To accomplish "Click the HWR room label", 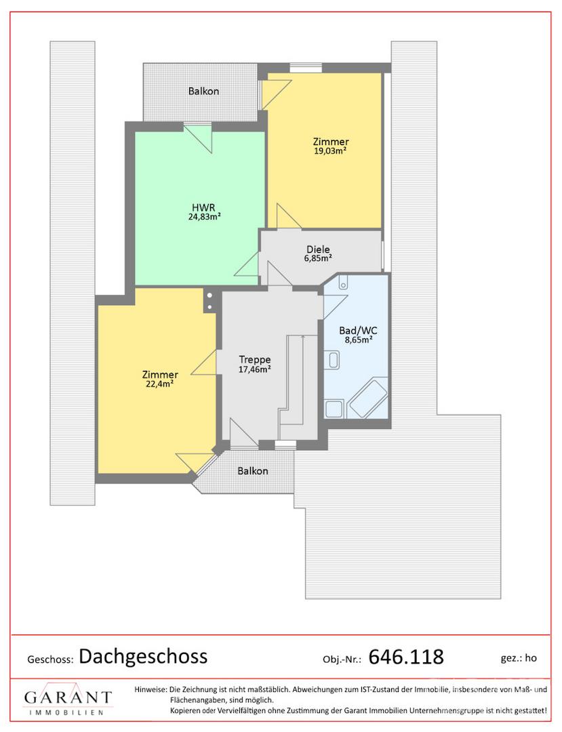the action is (203, 207).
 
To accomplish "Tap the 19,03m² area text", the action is (330, 150).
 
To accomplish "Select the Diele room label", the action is (318, 249).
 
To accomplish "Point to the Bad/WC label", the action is (358, 331).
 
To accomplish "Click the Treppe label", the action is (255, 359).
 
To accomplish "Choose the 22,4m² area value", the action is (160, 384).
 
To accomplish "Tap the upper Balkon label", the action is (203, 91).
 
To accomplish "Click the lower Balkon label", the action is (253, 471).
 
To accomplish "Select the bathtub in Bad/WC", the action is (369, 399).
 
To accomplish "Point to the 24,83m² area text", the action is (205, 217).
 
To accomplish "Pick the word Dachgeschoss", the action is (143, 656).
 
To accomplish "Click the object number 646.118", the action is (406, 657).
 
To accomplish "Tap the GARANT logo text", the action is (68, 697).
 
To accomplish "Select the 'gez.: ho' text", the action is (519, 658).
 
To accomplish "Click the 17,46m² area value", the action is (255, 369).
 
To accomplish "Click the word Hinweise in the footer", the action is (150, 689).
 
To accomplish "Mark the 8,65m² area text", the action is (359, 340).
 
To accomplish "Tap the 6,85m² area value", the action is (319, 258).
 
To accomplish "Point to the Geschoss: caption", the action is (50, 659).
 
